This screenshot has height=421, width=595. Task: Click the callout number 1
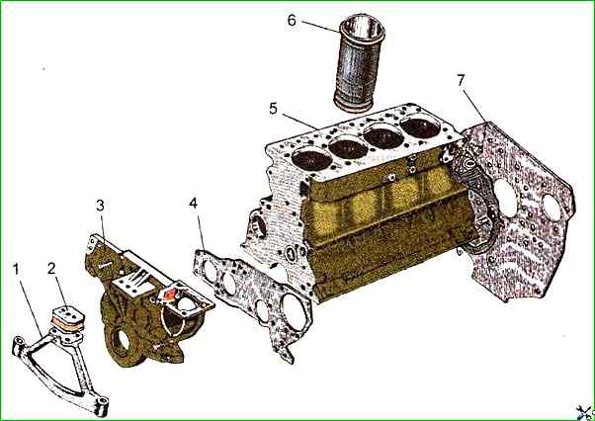tap(16, 269)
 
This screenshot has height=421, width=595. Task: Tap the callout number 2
tap(51, 269)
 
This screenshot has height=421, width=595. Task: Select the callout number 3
tap(100, 206)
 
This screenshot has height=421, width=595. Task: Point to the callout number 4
tap(193, 204)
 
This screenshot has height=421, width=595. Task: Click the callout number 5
tap(273, 109)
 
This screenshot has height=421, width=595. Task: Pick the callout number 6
tap(292, 21)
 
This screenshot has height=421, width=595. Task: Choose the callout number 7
tap(461, 80)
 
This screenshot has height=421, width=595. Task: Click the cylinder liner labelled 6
tap(359, 62)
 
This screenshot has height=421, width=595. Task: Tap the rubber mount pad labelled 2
tap(67, 318)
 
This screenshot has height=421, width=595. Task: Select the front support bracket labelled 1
tap(57, 364)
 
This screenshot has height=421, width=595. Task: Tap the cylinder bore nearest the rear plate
tap(420, 127)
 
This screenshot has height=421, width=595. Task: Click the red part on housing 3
tap(170, 295)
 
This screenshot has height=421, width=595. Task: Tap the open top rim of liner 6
tap(362, 24)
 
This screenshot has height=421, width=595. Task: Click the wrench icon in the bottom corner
tap(584, 413)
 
